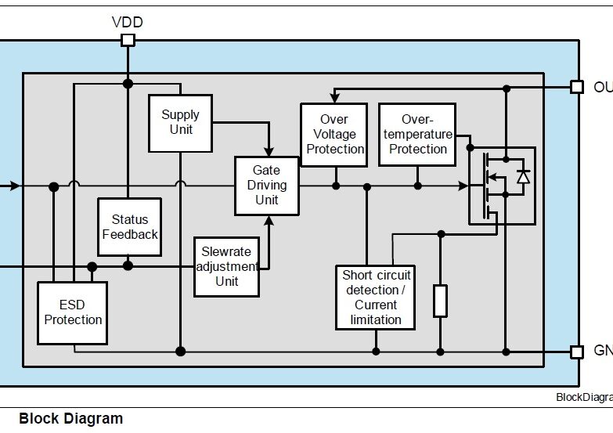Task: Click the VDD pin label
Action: pos(128,21)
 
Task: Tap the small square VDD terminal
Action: pos(128,40)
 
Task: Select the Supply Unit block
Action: pos(181,123)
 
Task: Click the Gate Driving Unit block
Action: pos(267,186)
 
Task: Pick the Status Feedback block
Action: pos(130,227)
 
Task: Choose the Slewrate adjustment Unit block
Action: pos(227,266)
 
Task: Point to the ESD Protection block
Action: pos(73,312)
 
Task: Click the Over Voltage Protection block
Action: pos(334,134)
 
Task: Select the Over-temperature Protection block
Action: pos(417,134)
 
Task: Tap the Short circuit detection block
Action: pos(377,297)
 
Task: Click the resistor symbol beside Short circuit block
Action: pos(441,301)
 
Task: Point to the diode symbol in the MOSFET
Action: pos(523,177)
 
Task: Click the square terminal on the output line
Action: pos(577,87)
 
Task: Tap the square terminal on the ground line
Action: pos(577,352)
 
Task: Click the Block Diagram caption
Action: pos(70,418)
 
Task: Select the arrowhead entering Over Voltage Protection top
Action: pos(334,99)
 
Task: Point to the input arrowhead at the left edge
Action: pos(16,186)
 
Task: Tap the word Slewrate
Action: pos(227,252)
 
